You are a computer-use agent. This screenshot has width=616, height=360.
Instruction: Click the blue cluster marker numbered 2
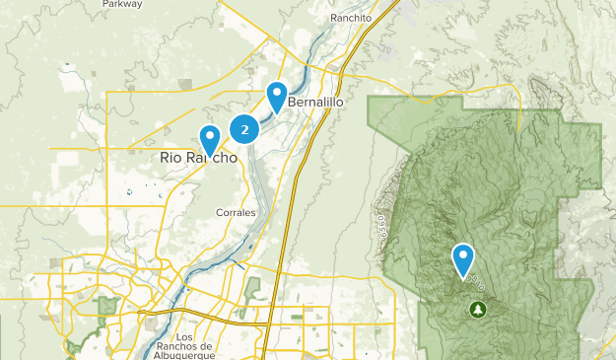pos(244,128)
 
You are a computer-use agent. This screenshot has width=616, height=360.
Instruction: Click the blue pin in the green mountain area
pos(463,260)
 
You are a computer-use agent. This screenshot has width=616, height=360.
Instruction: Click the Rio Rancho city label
pos(197,157)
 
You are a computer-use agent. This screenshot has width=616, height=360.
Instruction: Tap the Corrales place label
pos(236,212)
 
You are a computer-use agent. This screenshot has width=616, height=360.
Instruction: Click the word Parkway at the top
pos(121,4)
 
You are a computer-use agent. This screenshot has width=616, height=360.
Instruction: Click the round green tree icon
pos(478,310)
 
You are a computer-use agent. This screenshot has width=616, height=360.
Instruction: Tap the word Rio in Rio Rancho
pos(170,157)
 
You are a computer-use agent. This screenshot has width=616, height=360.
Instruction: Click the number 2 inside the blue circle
pos(244,128)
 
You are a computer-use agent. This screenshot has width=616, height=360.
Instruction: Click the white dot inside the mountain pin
pos(463,255)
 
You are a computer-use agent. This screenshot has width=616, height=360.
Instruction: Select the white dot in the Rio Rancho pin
pos(209,136)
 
